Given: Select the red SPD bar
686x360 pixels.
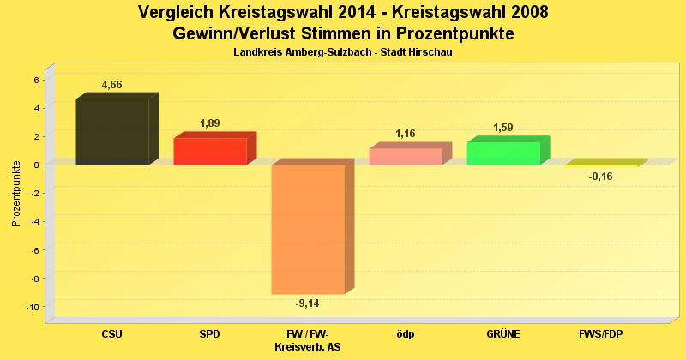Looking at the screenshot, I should [x=210, y=151].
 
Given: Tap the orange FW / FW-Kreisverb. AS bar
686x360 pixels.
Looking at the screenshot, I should [x=308, y=229].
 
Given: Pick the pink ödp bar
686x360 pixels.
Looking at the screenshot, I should [x=406, y=156].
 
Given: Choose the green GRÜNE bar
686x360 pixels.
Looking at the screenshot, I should [x=503, y=153].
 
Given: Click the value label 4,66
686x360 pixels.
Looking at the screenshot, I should [x=112, y=85].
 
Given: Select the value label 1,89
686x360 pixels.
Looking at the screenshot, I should [x=210, y=123].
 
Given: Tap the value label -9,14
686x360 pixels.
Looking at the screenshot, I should [x=308, y=303].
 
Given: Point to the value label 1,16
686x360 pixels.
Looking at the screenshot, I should [x=406, y=134].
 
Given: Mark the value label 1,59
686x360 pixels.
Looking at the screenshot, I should [x=503, y=128].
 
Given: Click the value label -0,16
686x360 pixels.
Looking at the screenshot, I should [x=601, y=177].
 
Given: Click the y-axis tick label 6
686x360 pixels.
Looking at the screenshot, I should [x=37, y=80].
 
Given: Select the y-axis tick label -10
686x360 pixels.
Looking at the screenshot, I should [x=34, y=307].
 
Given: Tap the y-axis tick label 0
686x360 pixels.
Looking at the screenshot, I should [x=37, y=165].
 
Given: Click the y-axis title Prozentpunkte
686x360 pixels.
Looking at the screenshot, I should [x=16, y=194].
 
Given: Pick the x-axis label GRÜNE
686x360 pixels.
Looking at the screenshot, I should [x=503, y=333].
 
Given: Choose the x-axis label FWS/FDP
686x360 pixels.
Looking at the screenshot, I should [x=601, y=333].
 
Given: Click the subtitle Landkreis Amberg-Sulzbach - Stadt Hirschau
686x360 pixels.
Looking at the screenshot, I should [x=343, y=52].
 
